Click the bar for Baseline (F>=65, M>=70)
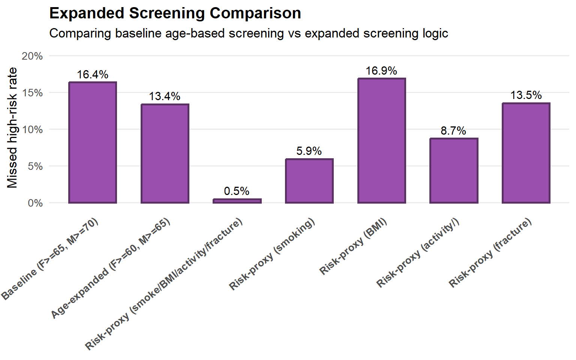click(93, 142)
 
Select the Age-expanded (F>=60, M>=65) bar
click(165, 153)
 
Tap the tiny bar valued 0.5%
click(237, 201)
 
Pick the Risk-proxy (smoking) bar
click(309, 181)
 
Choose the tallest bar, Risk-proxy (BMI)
click(382, 141)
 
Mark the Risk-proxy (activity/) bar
click(454, 171)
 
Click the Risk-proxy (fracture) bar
click(526, 153)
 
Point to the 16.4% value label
click(93, 75)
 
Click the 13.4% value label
click(165, 96)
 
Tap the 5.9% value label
click(309, 151)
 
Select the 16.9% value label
click(381, 71)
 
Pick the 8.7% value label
click(453, 131)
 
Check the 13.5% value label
click(526, 95)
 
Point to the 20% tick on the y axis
click(32, 56)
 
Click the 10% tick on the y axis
click(32, 130)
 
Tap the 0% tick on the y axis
click(35, 203)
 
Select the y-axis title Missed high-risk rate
click(12, 127)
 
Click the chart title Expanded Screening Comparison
click(175, 13)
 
